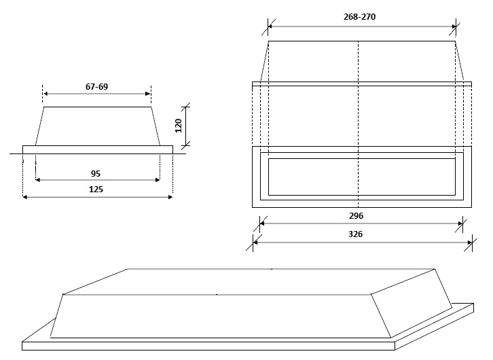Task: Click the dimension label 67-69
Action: (x=96, y=86)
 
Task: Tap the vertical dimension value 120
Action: (x=179, y=126)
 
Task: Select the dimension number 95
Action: (x=96, y=174)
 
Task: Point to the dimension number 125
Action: (x=96, y=190)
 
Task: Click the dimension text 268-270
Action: (x=359, y=17)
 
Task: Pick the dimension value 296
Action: (x=356, y=216)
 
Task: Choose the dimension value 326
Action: (x=355, y=234)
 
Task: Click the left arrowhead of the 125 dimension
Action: (x=25, y=197)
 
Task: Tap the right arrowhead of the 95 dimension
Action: (x=158, y=180)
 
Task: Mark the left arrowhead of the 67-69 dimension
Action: (x=45, y=93)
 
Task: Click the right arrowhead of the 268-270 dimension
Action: (x=454, y=26)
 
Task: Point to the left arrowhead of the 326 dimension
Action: (x=255, y=242)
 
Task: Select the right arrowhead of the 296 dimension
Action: (x=460, y=223)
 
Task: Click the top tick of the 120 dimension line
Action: (x=186, y=107)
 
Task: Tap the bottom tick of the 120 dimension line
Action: (x=186, y=145)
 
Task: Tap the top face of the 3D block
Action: (x=249, y=282)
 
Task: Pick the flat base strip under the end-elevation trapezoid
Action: (x=98, y=149)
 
